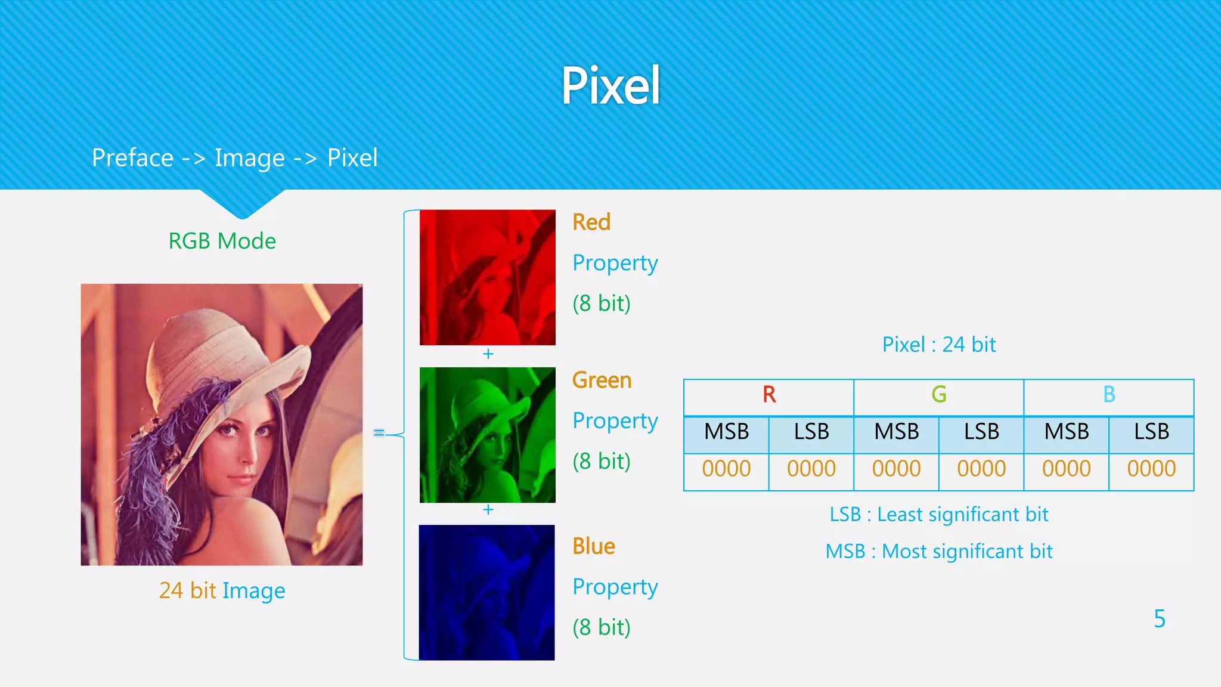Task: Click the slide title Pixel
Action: point(610,86)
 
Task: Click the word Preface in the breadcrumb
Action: point(132,158)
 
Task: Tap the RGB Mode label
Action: point(222,241)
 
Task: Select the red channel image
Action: point(487,277)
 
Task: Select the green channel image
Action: point(487,435)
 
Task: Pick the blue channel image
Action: point(486,592)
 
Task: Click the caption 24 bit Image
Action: point(222,590)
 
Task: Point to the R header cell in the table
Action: point(768,395)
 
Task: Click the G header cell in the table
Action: point(938,395)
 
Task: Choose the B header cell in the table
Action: point(1108,395)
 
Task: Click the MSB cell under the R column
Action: point(726,432)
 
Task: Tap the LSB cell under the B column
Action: point(1151,432)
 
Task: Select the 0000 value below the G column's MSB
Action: point(896,469)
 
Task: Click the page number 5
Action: point(1159,619)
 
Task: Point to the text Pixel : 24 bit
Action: point(938,345)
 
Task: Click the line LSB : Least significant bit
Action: point(938,515)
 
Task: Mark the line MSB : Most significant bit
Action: point(938,552)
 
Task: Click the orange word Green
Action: point(602,380)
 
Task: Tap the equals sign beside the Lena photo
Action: point(379,432)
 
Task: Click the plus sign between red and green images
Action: point(488,354)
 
